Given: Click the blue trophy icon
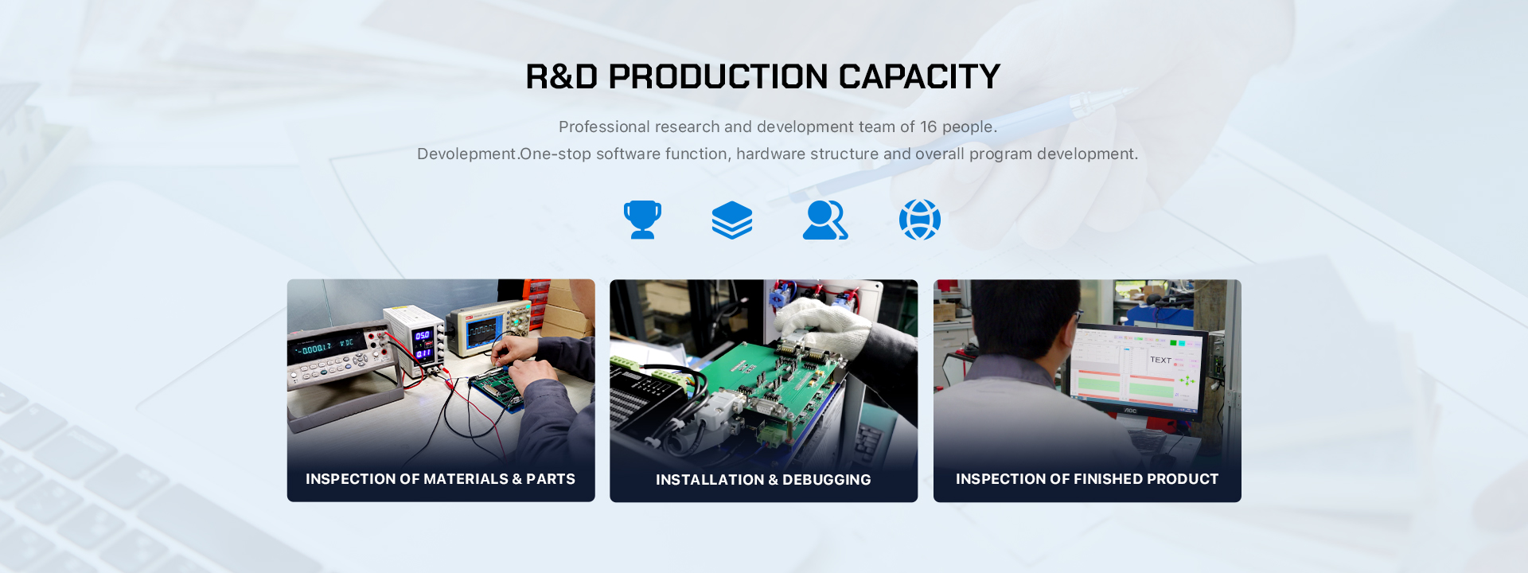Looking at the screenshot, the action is [x=642, y=220].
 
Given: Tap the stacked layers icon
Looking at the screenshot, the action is [x=732, y=220].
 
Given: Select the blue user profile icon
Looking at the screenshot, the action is [x=825, y=220].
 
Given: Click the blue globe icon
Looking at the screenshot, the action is [x=920, y=220].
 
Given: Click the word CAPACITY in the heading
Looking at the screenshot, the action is [x=919, y=77].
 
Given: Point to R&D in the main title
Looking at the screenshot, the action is [x=562, y=77].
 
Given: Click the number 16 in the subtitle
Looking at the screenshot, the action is [x=929, y=127].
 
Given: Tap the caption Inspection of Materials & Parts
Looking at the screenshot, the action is [x=440, y=479].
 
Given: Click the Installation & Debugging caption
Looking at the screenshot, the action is [x=763, y=480].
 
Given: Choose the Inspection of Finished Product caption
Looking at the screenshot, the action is [x=1087, y=479].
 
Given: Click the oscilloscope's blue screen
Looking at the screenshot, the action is [x=485, y=331].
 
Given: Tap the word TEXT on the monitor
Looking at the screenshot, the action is [x=1160, y=360].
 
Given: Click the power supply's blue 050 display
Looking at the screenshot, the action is [x=423, y=336].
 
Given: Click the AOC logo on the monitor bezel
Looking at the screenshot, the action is [x=1130, y=411].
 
